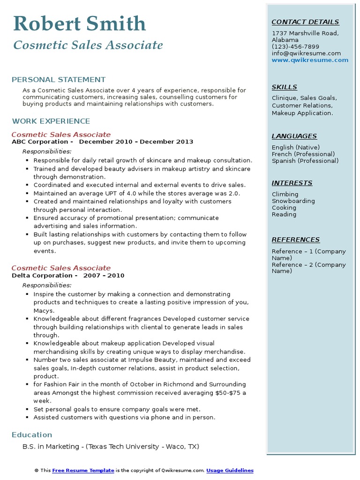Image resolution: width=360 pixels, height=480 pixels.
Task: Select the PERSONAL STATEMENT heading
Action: click(x=59, y=80)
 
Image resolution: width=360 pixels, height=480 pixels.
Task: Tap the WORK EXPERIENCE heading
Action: click(x=51, y=121)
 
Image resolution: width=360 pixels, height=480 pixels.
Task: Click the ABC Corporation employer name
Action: click(x=40, y=142)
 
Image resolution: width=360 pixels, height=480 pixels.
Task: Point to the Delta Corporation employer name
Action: click(x=42, y=276)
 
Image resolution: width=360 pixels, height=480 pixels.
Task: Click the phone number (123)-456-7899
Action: click(x=295, y=47)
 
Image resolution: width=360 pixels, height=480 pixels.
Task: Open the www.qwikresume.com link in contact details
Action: click(x=310, y=60)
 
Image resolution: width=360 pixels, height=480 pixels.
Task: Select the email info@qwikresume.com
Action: click(x=306, y=53)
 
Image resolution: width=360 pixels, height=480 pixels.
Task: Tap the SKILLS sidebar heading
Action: click(x=285, y=87)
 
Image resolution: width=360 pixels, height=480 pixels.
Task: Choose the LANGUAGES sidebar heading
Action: click(x=294, y=136)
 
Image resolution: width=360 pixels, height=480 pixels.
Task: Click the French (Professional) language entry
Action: click(x=303, y=154)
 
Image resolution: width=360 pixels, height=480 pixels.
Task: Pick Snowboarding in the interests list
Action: click(x=293, y=201)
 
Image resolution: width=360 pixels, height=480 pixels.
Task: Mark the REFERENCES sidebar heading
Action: click(x=296, y=240)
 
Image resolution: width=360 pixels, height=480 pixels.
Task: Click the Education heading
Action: click(x=32, y=435)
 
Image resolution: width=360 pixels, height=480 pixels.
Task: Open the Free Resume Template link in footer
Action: click(x=83, y=470)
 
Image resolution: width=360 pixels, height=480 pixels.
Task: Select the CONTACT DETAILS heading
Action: click(x=305, y=22)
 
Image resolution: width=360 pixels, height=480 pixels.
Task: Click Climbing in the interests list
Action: click(x=285, y=195)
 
